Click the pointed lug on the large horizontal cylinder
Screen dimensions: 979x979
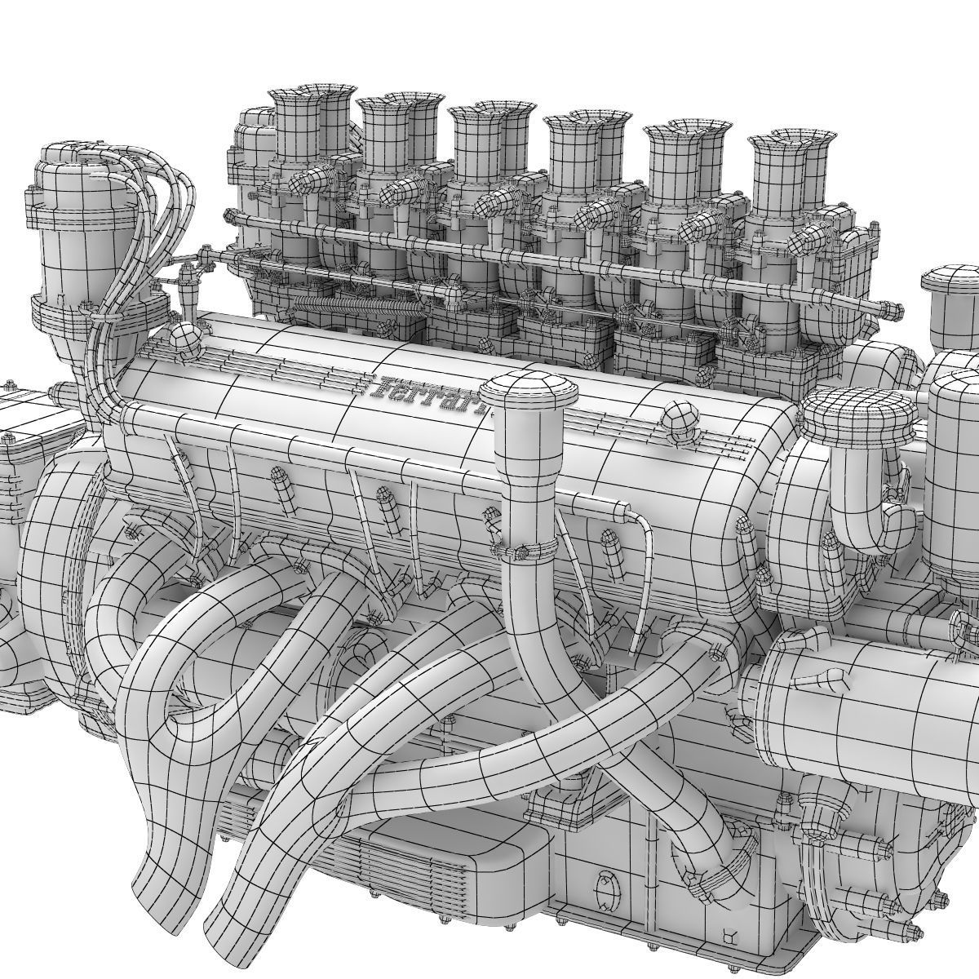pos(833,678)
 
